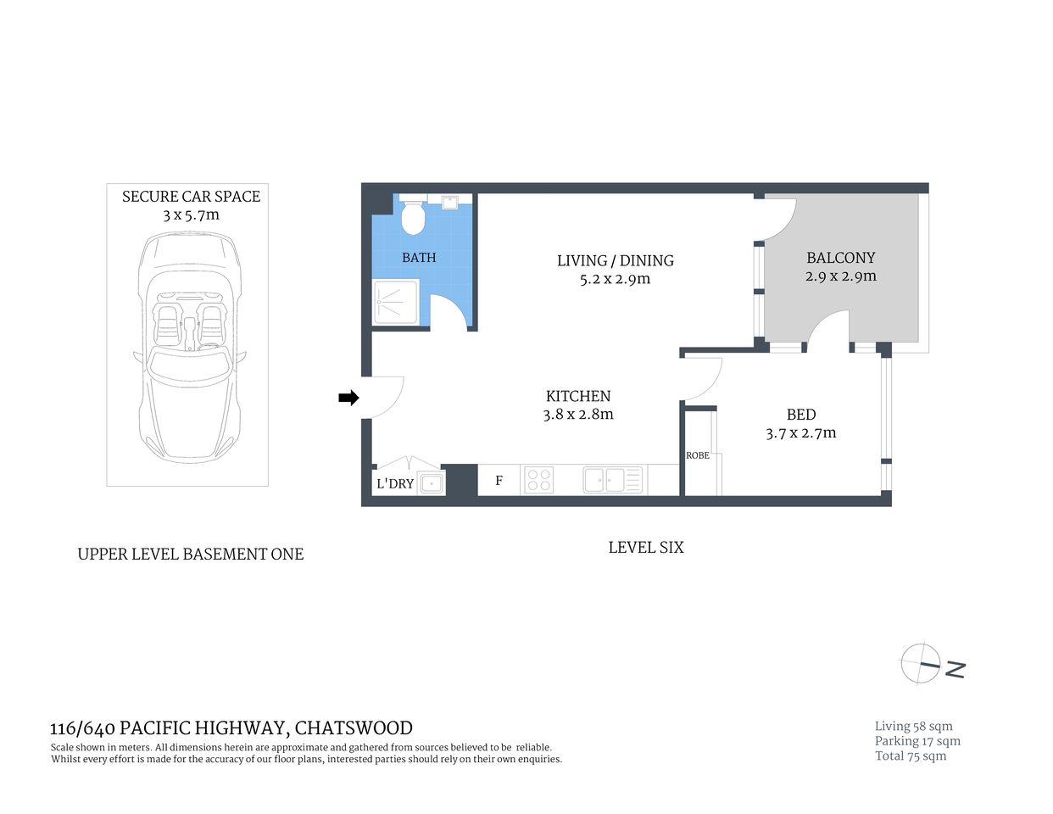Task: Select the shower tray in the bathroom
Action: coord(396,302)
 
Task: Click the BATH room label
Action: coord(419,258)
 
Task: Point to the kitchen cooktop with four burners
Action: coord(539,480)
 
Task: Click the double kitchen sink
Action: coord(614,480)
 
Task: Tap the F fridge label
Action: coord(499,481)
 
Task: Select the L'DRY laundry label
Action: coord(395,483)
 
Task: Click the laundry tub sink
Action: coord(432,483)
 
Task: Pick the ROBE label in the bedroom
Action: coord(698,455)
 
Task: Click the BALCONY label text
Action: coord(840,258)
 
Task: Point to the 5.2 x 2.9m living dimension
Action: coord(615,279)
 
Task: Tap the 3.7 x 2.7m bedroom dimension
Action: coord(800,433)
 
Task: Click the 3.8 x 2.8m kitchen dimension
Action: coord(578,415)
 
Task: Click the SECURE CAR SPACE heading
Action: coord(191,197)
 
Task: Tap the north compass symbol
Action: coord(922,663)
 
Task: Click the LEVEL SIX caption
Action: coord(645,548)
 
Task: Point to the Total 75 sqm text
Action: coord(911,756)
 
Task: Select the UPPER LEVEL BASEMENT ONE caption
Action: coord(191,555)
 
